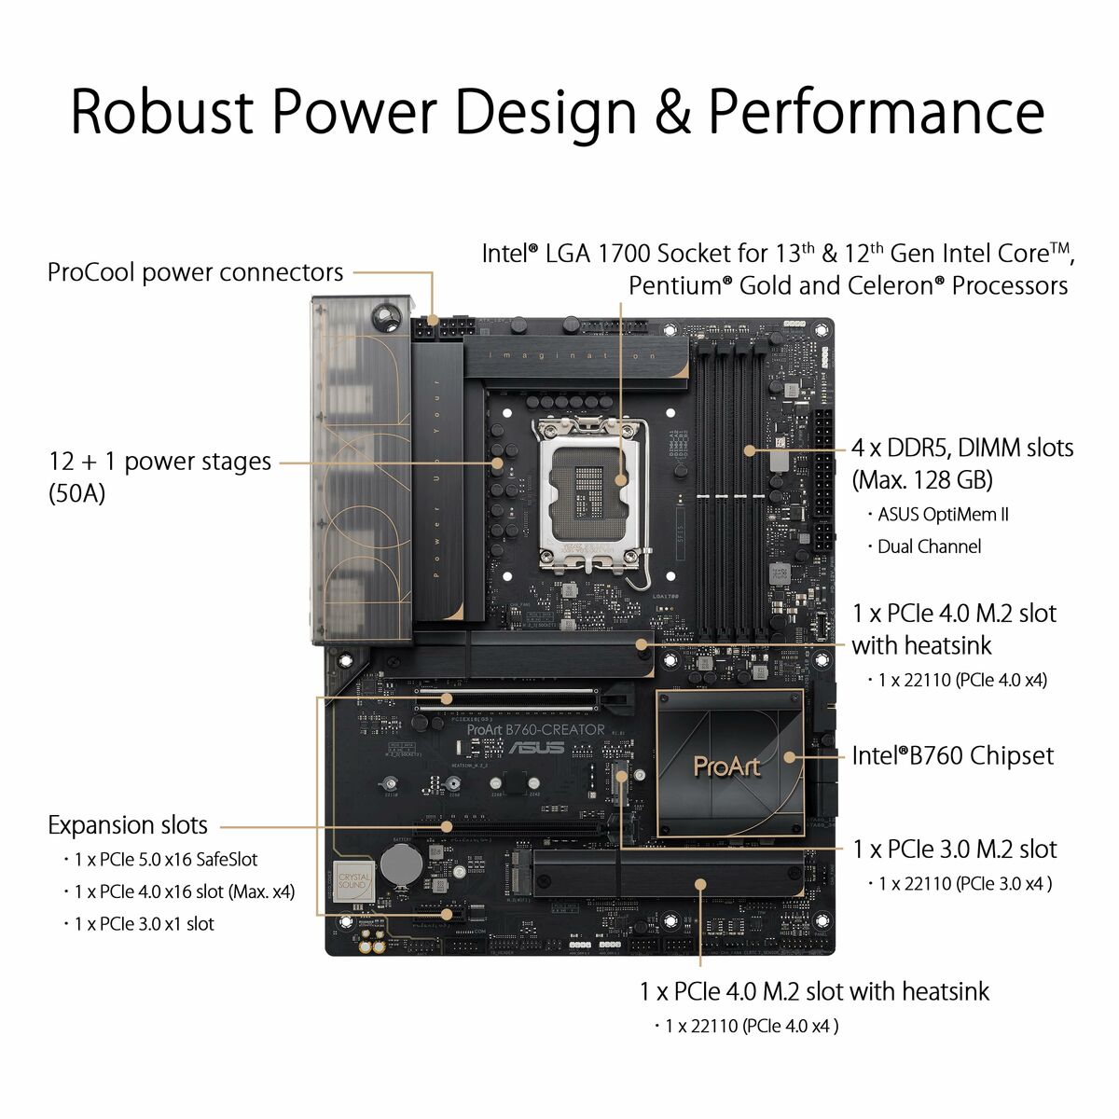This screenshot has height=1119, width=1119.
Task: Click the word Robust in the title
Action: click(x=161, y=111)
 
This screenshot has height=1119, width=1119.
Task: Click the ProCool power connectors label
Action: click(x=195, y=272)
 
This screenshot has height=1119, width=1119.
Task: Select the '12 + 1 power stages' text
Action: click(x=159, y=462)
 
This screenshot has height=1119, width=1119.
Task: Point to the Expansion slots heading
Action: click(x=128, y=825)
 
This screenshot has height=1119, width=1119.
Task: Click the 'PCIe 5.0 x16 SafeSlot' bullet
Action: click(x=165, y=860)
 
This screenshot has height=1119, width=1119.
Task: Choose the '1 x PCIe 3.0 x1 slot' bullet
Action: click(x=144, y=924)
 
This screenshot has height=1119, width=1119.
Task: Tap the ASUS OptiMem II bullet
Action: click(x=943, y=515)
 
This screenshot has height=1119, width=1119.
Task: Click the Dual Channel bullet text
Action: click(x=929, y=546)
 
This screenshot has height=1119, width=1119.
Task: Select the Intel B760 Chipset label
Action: click(x=952, y=755)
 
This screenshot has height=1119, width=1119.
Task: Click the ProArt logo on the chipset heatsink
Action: click(x=727, y=767)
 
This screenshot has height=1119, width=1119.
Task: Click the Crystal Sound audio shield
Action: click(x=353, y=880)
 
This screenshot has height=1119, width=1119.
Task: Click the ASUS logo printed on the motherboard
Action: click(x=535, y=748)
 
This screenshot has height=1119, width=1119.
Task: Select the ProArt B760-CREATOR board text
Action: click(x=535, y=730)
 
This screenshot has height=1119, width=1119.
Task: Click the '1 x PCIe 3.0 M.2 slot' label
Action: click(x=954, y=850)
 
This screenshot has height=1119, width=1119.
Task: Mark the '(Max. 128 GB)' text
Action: click(x=921, y=480)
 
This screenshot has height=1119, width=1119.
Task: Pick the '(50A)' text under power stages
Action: click(x=76, y=493)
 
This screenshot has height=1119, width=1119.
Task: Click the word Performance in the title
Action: click(x=876, y=111)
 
